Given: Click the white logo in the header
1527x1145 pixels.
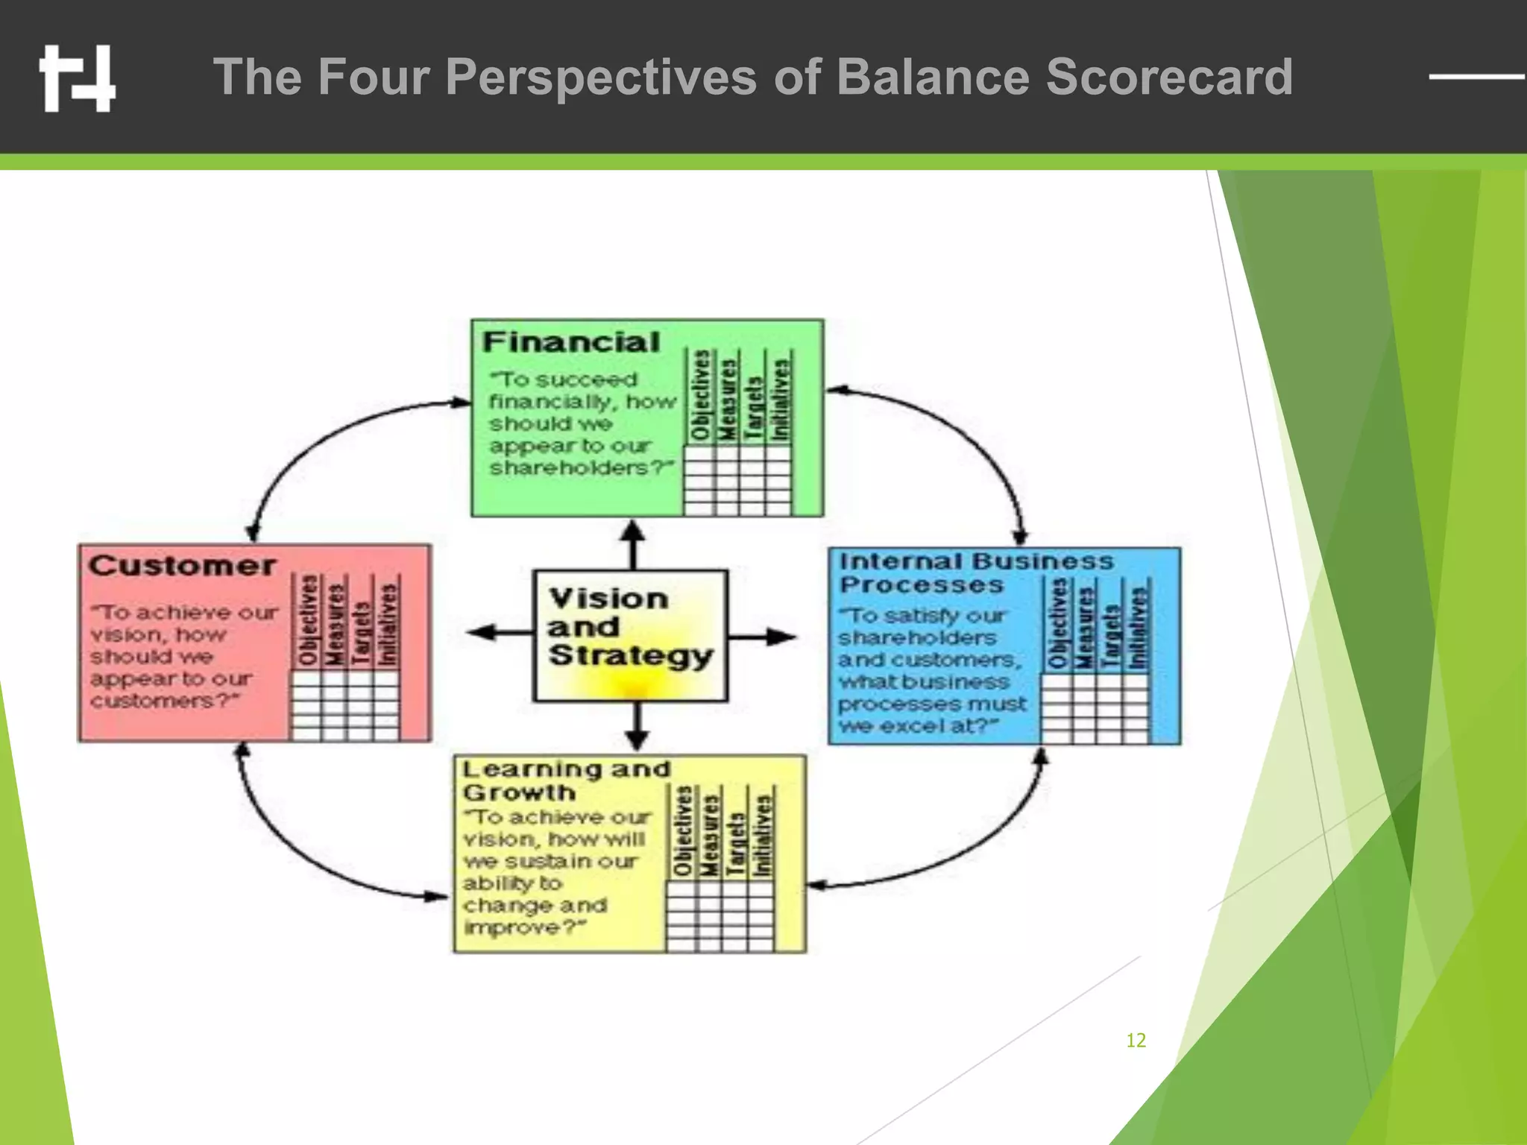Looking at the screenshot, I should (x=78, y=78).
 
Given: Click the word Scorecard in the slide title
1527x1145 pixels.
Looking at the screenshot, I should (x=1168, y=77).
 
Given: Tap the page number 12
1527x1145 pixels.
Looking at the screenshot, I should (x=1136, y=1040).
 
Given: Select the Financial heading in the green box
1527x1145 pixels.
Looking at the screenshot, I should (x=571, y=342).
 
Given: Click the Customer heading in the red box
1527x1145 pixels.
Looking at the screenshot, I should (x=182, y=566).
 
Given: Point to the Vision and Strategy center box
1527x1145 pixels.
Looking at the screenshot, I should (x=630, y=635).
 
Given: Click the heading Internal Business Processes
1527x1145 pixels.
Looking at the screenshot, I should (x=975, y=572).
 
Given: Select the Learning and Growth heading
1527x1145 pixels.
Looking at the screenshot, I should (x=565, y=780).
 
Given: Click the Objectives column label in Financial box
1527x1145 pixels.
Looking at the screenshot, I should (x=699, y=396).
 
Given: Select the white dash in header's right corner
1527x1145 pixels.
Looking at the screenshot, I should (x=1476, y=76).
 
